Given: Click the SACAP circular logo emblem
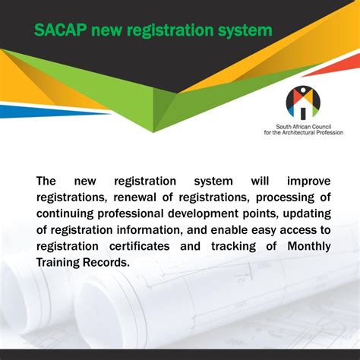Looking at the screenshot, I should click(x=302, y=102).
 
